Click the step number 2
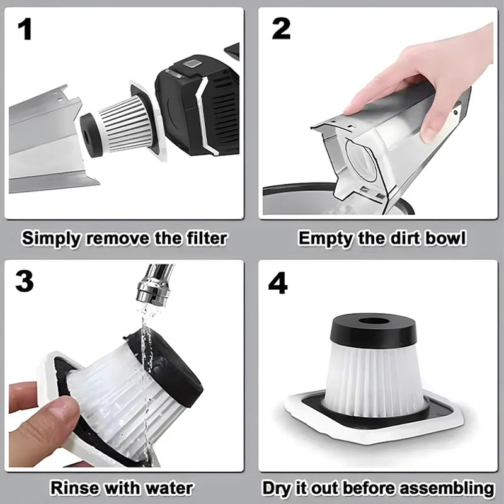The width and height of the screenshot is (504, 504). pyautogui.click(x=281, y=30)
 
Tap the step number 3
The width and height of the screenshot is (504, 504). pyautogui.click(x=24, y=282)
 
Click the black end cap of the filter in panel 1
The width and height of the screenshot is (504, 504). pyautogui.click(x=90, y=135)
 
